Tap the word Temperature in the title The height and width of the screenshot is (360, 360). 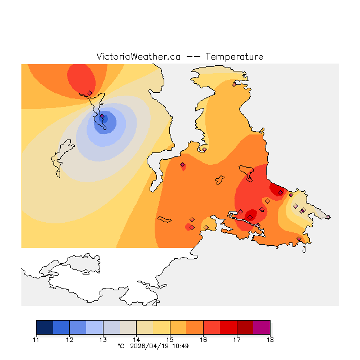pos(234,57)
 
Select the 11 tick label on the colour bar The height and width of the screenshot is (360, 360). pos(37,340)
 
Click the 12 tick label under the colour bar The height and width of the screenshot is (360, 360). pos(70,340)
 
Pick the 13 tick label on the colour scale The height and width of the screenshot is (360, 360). pos(103,340)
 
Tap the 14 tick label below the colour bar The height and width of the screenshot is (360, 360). pos(137,340)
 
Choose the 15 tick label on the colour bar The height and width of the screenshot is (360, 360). pos(170,340)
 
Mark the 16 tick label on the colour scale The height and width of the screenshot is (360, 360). pos(203,340)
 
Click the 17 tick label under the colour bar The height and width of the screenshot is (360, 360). pos(237,340)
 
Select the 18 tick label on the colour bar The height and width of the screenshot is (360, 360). pos(270,340)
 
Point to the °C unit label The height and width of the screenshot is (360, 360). pos(120,346)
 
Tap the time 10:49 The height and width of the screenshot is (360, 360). pos(180,346)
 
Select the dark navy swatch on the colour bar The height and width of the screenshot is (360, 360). pos(44,327)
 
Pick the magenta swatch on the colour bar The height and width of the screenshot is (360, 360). pos(262,327)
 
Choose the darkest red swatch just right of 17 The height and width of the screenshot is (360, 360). pos(245,327)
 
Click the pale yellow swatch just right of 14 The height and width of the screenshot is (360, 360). pos(145,327)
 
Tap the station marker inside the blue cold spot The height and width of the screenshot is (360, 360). pos(102,117)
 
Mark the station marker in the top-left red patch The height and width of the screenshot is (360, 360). pos(90,93)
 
